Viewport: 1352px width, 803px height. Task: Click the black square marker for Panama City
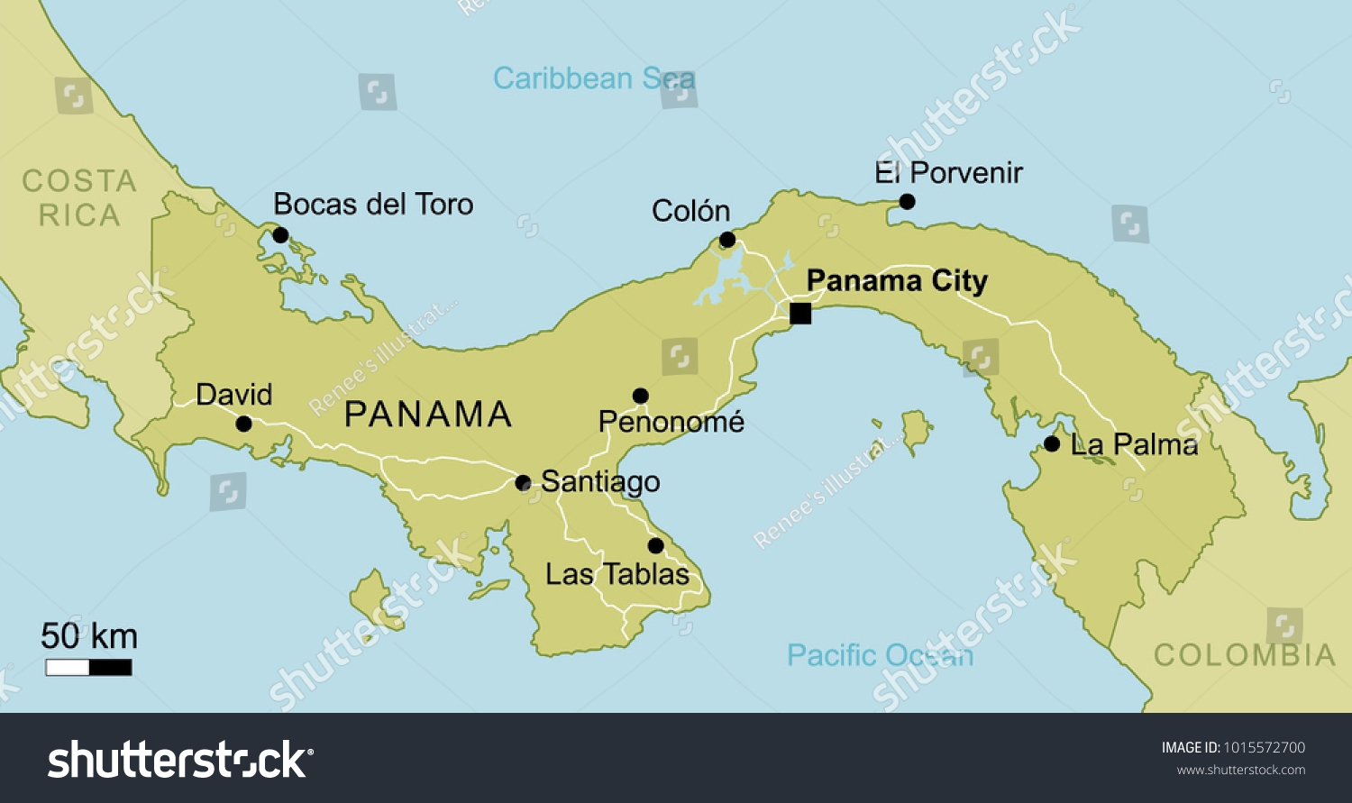799,313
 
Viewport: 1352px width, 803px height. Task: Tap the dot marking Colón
727,240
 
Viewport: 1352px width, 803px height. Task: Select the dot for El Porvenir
907,201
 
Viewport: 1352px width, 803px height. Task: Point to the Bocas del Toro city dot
280,235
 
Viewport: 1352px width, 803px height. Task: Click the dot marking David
243,424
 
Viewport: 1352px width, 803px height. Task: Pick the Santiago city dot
523,482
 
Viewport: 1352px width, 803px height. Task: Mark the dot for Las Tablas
655,545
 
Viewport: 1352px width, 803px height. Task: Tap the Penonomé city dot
640,396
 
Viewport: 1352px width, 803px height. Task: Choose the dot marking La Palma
1051,443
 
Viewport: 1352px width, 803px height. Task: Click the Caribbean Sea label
593,78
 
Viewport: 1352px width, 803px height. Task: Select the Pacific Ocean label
880,655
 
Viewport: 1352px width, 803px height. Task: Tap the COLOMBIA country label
1244,655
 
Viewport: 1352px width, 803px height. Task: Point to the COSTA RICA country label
79,198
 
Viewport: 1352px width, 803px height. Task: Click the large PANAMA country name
428,415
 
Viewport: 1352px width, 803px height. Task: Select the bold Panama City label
896,281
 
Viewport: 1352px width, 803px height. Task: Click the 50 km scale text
88,636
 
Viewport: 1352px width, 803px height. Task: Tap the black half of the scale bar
111,668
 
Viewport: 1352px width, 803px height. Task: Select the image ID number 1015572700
1264,747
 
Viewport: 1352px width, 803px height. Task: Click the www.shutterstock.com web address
1240,770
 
